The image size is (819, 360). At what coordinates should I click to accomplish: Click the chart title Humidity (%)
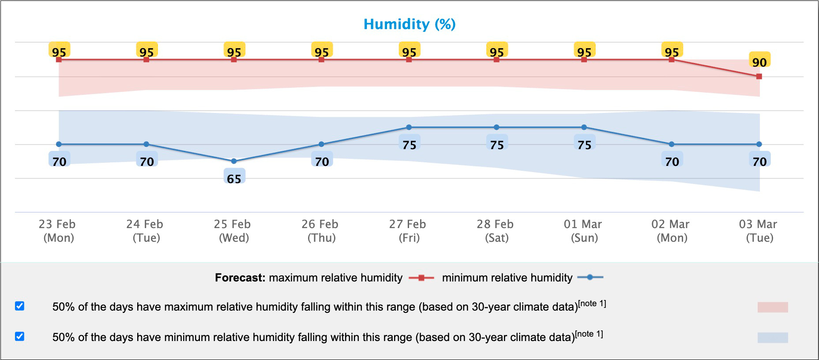(409, 24)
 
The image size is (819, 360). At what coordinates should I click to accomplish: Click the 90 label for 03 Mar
(759, 62)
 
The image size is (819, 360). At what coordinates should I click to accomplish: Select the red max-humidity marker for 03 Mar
(759, 76)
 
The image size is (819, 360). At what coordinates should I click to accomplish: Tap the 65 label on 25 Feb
(234, 178)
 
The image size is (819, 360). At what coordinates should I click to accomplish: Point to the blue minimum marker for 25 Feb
(234, 161)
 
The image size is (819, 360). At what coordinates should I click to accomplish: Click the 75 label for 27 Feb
(409, 145)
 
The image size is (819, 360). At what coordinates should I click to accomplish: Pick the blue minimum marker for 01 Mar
(584, 127)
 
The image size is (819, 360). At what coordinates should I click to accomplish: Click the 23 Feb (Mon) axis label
(58, 231)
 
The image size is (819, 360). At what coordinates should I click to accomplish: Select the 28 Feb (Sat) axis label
(496, 231)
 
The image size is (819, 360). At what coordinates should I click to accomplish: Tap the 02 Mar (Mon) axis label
(671, 231)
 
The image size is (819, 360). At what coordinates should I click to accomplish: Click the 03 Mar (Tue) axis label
(759, 231)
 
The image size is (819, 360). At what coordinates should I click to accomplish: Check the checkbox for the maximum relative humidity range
(19, 306)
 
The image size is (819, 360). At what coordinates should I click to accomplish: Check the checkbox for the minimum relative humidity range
(19, 336)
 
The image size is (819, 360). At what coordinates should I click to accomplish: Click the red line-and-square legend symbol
(421, 277)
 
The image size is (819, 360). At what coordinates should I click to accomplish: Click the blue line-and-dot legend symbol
(590, 277)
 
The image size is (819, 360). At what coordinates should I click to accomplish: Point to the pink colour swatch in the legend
(772, 307)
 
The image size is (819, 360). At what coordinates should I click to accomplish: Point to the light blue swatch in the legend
(772, 337)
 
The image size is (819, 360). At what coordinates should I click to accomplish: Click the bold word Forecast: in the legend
(240, 277)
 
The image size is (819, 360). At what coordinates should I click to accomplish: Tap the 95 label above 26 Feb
(322, 52)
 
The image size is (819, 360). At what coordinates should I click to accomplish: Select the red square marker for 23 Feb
(59, 60)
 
